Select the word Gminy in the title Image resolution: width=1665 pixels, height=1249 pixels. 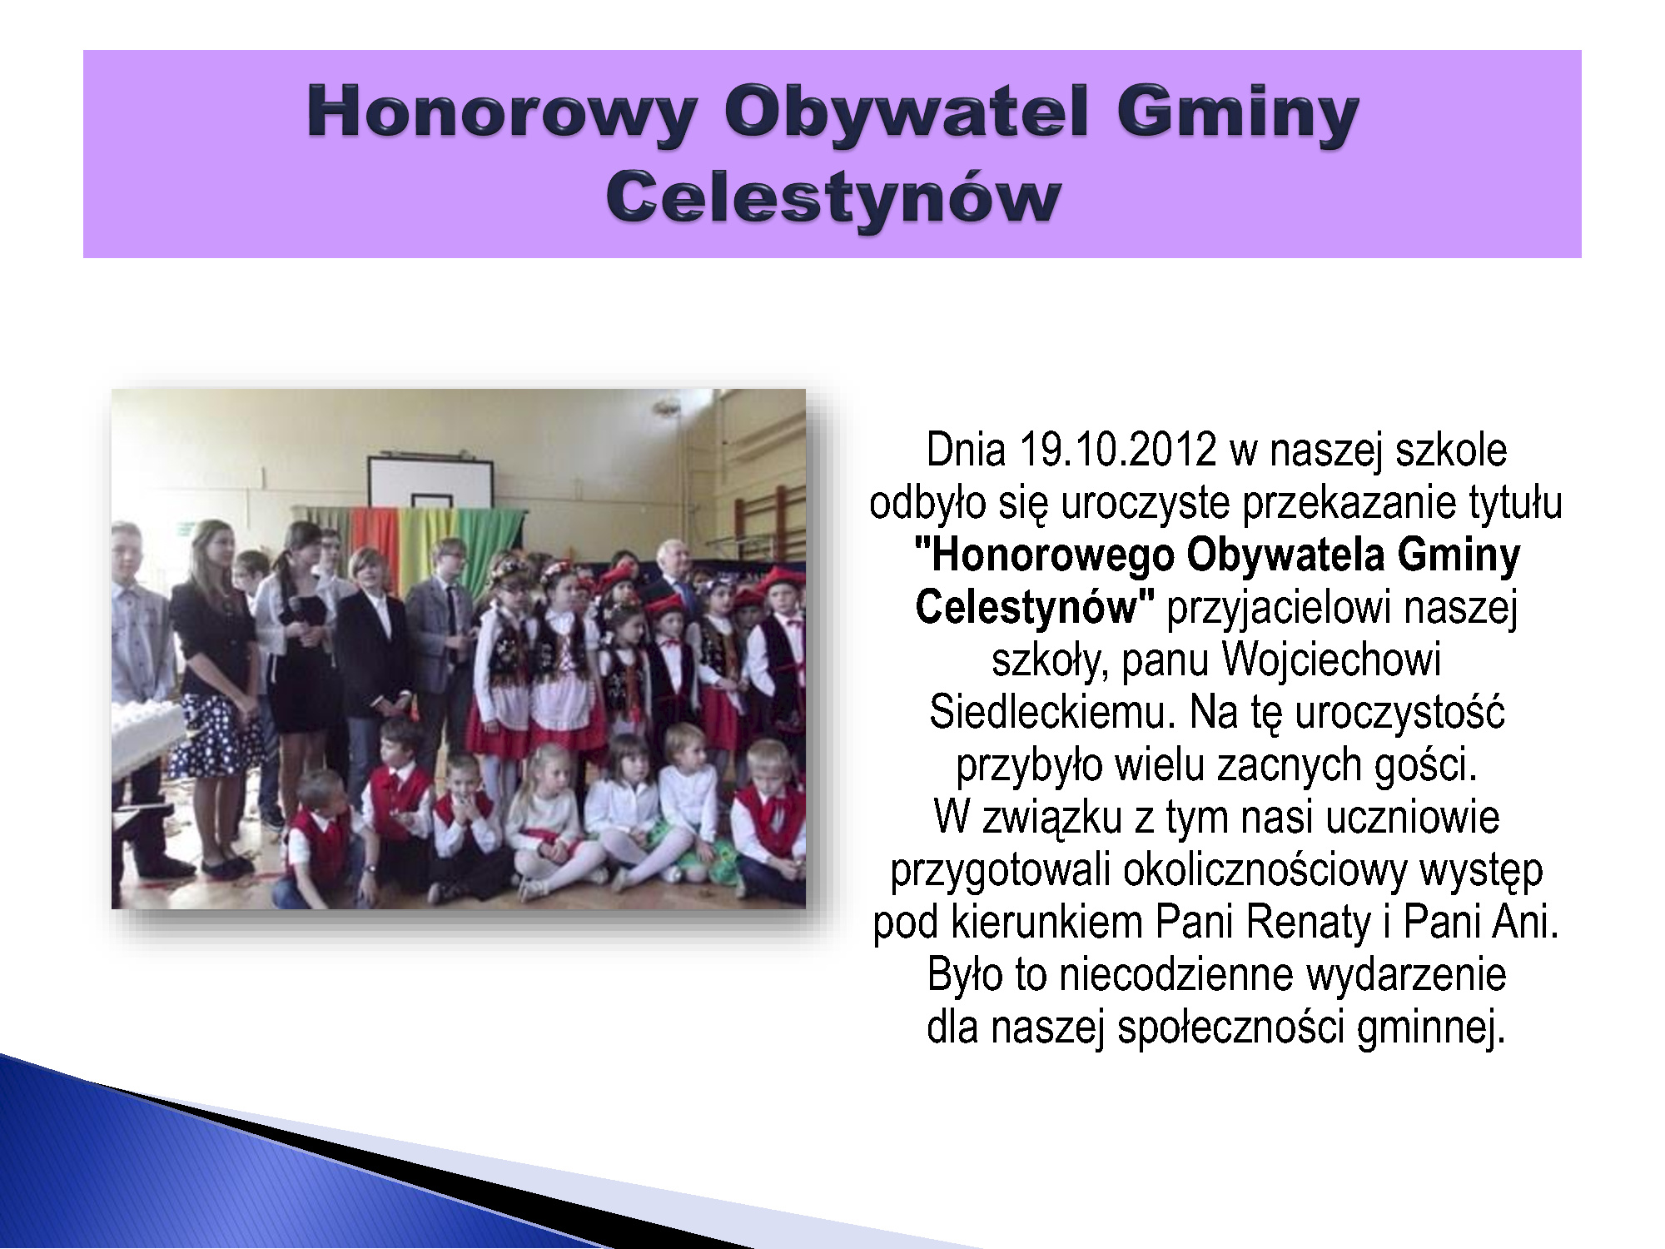point(1238,114)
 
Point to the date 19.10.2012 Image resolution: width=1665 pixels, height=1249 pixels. point(1117,450)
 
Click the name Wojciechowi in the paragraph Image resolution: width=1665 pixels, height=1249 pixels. point(1331,660)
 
